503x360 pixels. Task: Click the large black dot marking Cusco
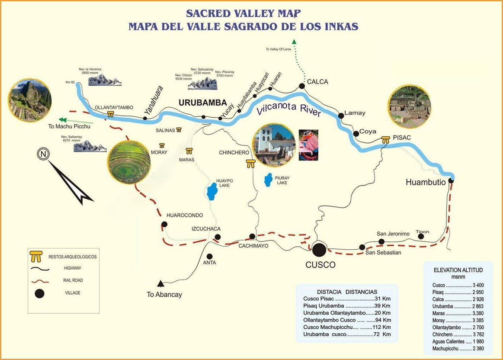coord(319,249)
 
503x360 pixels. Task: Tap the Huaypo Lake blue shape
coord(212,191)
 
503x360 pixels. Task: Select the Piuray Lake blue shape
coord(269,180)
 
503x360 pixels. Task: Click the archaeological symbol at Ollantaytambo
coord(111,114)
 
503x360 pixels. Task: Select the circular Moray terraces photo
coord(129,162)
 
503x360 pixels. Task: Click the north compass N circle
coord(42,154)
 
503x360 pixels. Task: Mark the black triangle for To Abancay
coord(161,284)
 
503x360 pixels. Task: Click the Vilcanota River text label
coord(288,109)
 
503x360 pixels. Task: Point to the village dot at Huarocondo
coord(164,224)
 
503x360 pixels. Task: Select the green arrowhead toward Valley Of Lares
coord(295,42)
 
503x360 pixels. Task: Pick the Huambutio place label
coord(426,182)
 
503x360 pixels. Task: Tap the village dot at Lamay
coord(341,116)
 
